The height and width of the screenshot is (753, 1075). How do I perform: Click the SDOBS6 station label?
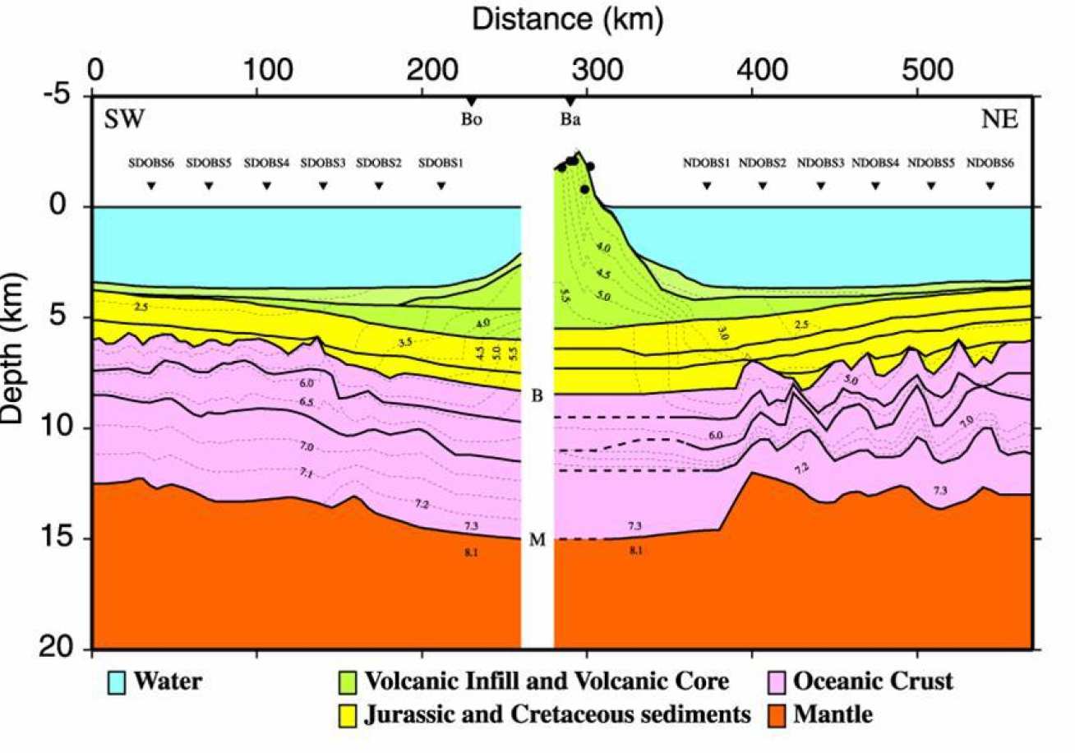[150, 163]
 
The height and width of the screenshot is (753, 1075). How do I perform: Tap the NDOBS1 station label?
[706, 163]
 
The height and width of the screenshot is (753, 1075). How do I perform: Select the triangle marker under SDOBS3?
[323, 186]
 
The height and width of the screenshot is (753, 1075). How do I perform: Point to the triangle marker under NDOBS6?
[990, 186]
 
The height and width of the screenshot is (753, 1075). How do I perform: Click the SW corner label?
[123, 120]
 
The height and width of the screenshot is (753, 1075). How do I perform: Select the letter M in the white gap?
[537, 540]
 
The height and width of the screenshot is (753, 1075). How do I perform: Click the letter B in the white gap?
[537, 396]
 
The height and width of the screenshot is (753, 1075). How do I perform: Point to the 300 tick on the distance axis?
[587, 67]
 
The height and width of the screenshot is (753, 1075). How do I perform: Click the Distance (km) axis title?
[566, 20]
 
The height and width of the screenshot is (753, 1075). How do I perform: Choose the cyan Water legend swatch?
[117, 681]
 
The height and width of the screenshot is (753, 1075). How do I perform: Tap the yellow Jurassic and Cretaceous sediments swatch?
[349, 714]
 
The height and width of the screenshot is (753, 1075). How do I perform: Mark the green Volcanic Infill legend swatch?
[349, 681]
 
